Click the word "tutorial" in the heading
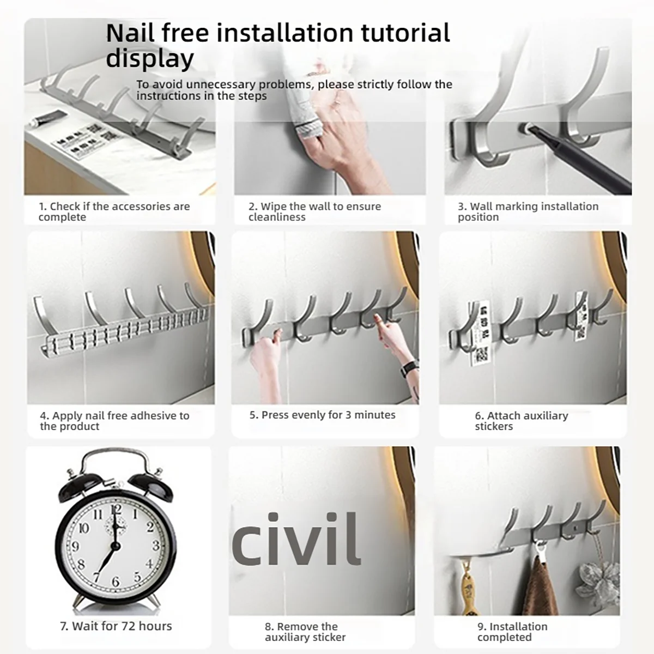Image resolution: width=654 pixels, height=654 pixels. pyautogui.click(x=405, y=33)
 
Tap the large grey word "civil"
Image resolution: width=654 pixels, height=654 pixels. pyautogui.click(x=295, y=539)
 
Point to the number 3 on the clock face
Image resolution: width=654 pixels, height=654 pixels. pyautogui.click(x=156, y=546)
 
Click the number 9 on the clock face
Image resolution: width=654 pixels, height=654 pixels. pyautogui.click(x=75, y=547)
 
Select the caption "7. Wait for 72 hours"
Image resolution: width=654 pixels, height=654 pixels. pyautogui.click(x=116, y=626)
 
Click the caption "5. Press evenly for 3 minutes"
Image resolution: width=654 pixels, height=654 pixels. pyautogui.click(x=323, y=415)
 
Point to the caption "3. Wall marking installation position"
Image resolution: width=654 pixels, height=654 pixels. pyautogui.click(x=528, y=211)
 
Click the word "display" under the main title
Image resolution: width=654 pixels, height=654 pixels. pyautogui.click(x=150, y=59)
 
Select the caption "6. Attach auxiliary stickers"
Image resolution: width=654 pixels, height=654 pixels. pyautogui.click(x=522, y=421)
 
